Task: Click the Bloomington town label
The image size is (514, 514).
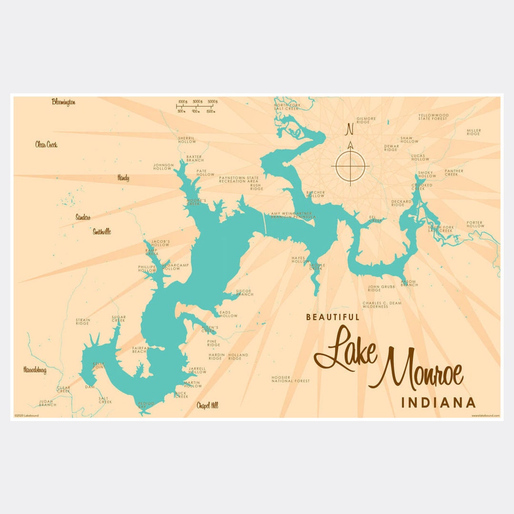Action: [x=64, y=102]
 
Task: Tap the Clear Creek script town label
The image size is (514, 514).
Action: [x=46, y=144]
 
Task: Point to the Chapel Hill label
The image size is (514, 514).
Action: [x=208, y=405]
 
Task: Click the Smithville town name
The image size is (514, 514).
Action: [x=102, y=232]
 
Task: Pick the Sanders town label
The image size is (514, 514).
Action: [x=83, y=217]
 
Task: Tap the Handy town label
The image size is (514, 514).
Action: [x=123, y=178]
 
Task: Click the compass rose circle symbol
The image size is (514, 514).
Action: [x=350, y=166]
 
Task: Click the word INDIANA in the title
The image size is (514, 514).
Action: [x=438, y=403]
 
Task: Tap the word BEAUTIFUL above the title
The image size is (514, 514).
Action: [x=333, y=317]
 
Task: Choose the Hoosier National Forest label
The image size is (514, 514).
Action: [x=290, y=379]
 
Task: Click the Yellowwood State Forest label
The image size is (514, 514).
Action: [x=433, y=117]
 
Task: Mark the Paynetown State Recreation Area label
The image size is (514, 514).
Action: [x=239, y=179]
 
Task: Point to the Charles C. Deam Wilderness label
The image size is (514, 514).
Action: [x=382, y=305]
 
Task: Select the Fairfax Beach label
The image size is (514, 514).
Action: [x=140, y=350]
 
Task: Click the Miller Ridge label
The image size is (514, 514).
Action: [x=474, y=132]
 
